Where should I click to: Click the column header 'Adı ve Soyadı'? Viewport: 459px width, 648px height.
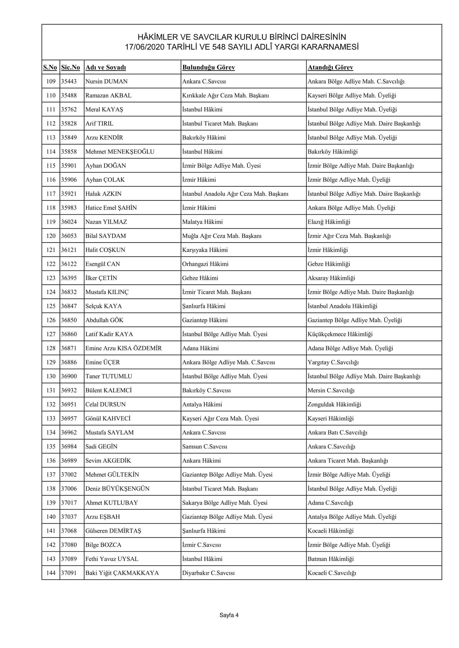click(106, 67)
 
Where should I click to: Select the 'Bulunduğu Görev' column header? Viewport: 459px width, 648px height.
click(208, 67)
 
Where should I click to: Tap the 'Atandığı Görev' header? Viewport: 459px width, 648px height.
click(330, 67)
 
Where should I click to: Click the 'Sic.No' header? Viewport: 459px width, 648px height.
click(70, 67)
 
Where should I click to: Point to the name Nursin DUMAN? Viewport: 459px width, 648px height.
click(106, 81)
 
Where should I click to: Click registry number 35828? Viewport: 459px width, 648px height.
click(69, 123)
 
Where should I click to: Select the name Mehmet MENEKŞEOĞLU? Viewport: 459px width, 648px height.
click(120, 152)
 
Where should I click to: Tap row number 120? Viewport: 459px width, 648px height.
click(51, 236)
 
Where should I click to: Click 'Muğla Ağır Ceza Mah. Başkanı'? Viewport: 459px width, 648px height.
click(222, 236)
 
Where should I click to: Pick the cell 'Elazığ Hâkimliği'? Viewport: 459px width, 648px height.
click(329, 222)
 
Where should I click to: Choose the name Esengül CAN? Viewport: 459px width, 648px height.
click(102, 264)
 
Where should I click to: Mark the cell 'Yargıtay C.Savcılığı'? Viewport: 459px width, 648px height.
click(333, 362)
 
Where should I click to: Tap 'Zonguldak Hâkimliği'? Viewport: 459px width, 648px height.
click(334, 404)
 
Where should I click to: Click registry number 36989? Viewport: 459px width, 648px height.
click(69, 461)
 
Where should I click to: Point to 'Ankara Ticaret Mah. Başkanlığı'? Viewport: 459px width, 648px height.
click(347, 461)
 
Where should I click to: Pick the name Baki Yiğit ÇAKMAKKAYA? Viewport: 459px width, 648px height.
click(122, 573)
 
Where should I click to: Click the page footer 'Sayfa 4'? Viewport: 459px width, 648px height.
click(229, 615)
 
